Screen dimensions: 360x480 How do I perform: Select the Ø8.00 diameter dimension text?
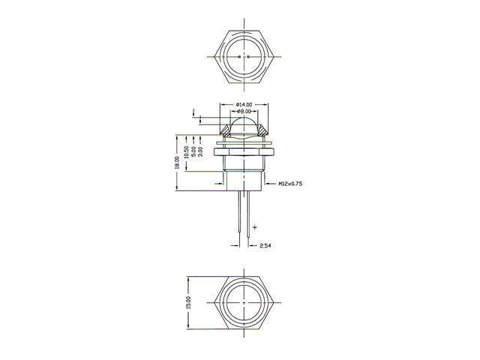[x=246, y=111]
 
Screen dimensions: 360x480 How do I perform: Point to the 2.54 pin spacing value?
[x=265, y=246]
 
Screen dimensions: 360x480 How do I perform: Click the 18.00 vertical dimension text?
[x=178, y=163]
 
